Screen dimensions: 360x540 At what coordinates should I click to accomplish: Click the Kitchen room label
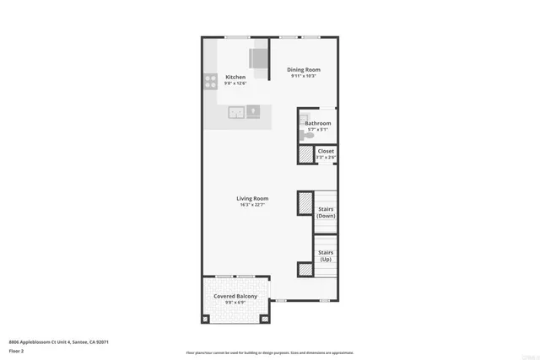(x=235, y=77)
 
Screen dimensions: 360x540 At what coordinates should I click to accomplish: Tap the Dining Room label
(x=304, y=69)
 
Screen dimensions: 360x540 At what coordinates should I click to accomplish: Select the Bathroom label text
(x=318, y=123)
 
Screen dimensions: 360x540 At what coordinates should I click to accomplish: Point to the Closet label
(x=326, y=151)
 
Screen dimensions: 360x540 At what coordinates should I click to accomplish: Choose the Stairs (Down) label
(x=326, y=212)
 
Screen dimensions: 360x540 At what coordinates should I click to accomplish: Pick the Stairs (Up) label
(x=326, y=255)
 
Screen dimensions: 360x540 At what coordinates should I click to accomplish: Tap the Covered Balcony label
(x=235, y=297)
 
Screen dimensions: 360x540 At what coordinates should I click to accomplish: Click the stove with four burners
(x=210, y=81)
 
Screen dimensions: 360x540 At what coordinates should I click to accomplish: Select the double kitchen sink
(x=236, y=111)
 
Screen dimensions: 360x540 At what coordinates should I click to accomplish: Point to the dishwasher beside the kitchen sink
(x=254, y=110)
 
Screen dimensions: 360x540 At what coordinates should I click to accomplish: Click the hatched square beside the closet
(x=305, y=155)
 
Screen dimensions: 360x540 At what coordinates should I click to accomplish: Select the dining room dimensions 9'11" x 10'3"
(x=304, y=77)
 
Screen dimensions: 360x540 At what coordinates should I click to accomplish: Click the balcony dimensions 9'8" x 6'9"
(x=235, y=304)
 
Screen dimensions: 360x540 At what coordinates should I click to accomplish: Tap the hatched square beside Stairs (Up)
(x=305, y=269)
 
